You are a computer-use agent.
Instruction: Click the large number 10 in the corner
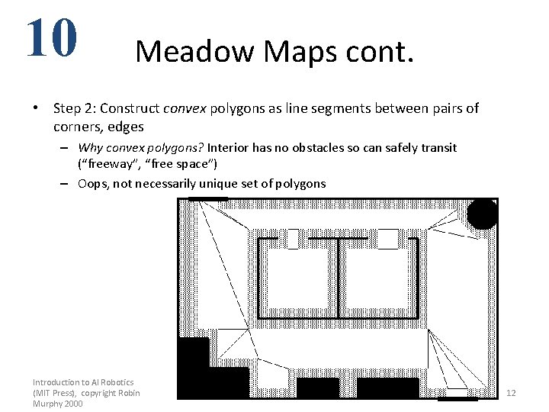51,38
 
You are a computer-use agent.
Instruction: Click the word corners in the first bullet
79,127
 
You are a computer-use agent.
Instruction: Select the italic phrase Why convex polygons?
141,147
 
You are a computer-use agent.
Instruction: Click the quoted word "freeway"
108,164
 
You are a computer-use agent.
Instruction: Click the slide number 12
511,393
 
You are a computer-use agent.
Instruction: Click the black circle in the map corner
482,214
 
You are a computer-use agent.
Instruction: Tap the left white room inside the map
297,278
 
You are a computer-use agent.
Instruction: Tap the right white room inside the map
377,278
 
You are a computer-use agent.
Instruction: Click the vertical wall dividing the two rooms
338,276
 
